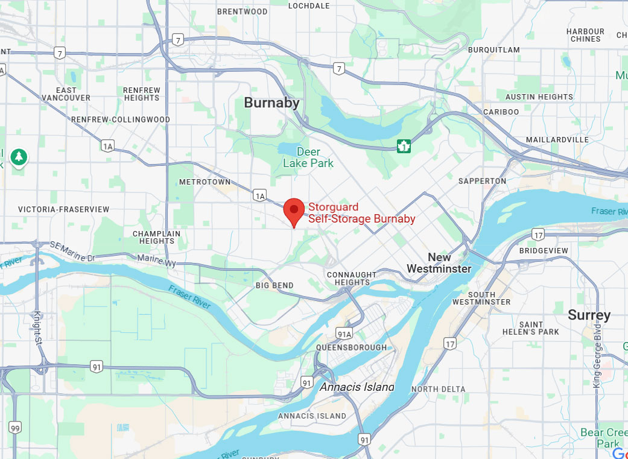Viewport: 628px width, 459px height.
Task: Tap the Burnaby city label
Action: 271,103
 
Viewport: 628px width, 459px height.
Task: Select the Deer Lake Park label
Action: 308,157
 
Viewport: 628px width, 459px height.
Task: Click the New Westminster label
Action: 439,263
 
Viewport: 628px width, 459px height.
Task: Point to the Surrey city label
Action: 589,315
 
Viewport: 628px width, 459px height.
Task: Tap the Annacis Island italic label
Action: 357,387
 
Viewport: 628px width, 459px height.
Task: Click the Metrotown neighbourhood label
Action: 205,182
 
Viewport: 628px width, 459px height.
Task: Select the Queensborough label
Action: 352,347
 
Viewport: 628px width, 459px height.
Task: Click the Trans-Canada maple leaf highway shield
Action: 404,146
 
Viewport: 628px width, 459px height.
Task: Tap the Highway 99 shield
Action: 15,427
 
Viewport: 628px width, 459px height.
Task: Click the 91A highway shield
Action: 343,333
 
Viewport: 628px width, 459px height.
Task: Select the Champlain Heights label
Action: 156,237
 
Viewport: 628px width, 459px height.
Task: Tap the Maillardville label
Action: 557,139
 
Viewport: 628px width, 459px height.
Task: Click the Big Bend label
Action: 274,285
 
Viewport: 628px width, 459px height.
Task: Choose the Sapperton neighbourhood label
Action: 482,181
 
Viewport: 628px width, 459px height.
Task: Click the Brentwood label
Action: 242,11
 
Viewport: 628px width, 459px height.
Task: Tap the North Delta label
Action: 439,389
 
